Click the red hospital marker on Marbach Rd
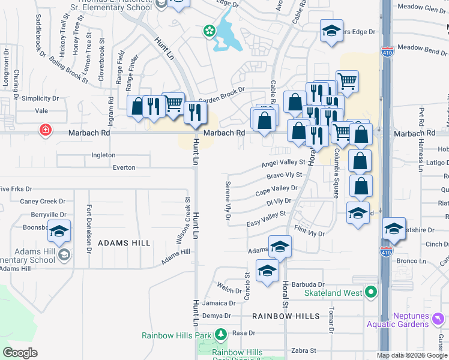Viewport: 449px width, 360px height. click(45, 130)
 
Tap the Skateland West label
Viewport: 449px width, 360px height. click(333, 293)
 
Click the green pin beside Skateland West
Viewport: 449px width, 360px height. click(371, 293)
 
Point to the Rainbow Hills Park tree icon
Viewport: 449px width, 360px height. click(221, 334)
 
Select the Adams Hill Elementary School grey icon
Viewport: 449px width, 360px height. click(64, 256)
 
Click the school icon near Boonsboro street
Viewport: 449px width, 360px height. click(59, 231)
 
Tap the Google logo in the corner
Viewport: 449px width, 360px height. click(20, 353)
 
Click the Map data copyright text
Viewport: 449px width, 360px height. click(412, 355)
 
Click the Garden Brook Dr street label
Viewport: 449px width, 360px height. click(222, 95)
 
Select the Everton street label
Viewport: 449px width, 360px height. click(124, 167)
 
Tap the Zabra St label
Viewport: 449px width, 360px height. click(303, 350)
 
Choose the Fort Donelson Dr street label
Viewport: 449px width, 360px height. click(89, 221)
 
